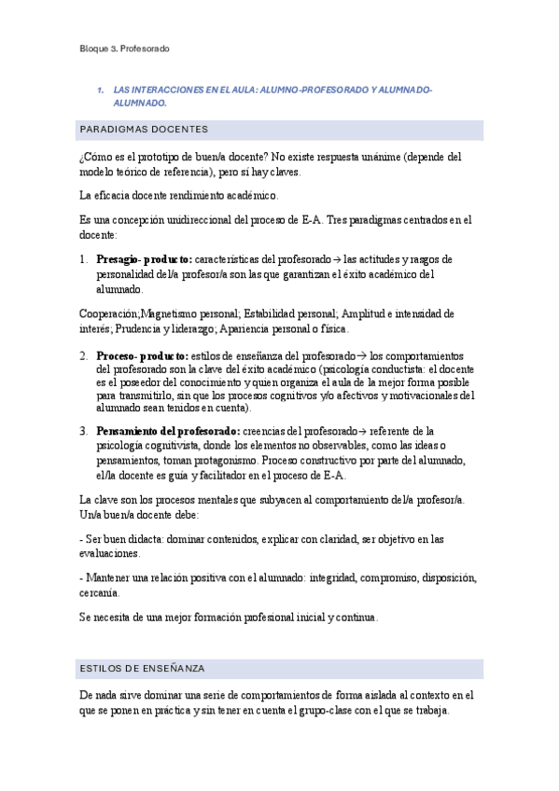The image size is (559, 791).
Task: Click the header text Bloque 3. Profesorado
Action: [x=124, y=49]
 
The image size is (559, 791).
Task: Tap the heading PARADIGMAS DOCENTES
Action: [x=144, y=129]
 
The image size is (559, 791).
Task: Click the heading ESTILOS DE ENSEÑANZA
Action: [x=143, y=669]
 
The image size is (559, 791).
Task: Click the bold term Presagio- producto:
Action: [x=145, y=258]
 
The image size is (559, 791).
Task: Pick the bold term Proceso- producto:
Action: [x=142, y=355]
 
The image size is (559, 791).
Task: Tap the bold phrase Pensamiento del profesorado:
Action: [x=167, y=431]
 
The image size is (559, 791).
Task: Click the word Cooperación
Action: [x=108, y=313]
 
